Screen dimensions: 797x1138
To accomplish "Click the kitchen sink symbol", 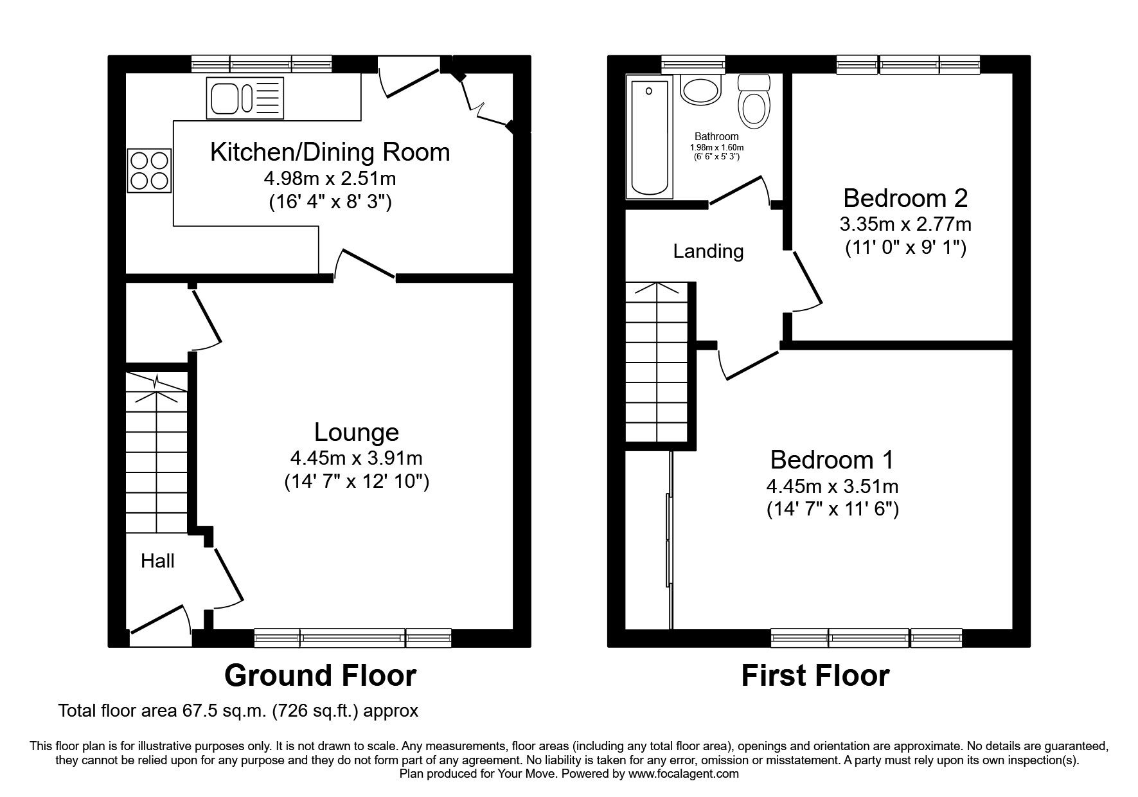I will (245, 98).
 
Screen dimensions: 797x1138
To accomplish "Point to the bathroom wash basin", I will (697, 91).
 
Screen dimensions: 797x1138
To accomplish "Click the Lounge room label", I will (356, 432).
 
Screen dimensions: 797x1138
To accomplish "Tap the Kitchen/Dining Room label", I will (330, 152).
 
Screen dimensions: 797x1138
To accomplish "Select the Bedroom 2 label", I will (905, 198).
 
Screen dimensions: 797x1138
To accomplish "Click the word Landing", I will (708, 251).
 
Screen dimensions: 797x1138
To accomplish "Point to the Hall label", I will (157, 561).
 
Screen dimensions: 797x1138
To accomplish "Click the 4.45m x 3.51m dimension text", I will (832, 486).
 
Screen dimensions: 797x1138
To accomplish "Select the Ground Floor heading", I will (320, 676).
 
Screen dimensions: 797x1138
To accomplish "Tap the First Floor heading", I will (815, 676).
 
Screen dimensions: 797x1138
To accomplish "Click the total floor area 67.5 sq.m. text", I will (238, 711).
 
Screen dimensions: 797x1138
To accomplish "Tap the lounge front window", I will (352, 638).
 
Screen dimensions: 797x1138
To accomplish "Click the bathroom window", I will (693, 64).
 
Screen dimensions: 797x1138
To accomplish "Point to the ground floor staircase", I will (156, 453).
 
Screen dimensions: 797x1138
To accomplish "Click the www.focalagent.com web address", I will (684, 774).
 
